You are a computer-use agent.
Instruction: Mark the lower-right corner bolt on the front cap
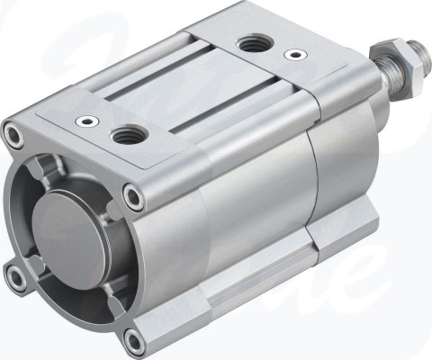click(134, 338)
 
